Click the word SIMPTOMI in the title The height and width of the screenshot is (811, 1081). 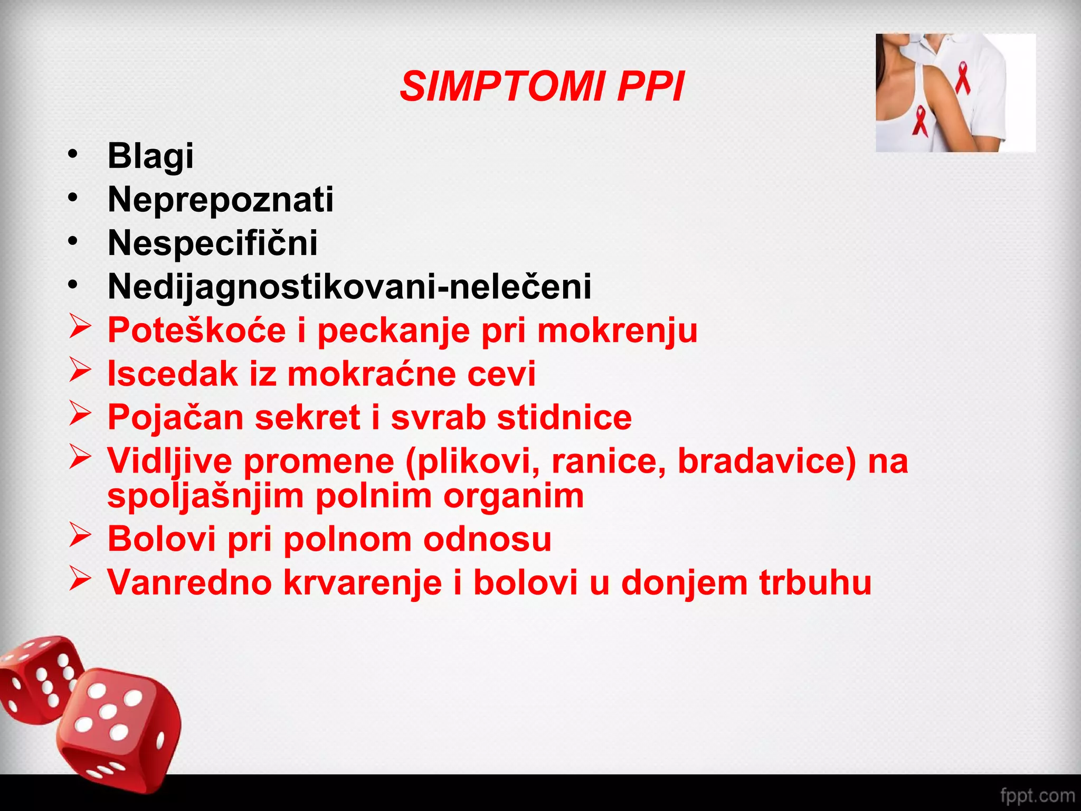501,87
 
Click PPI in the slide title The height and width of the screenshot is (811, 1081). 650,87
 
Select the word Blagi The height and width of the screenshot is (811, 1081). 150,156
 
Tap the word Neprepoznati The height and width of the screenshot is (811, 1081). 221,200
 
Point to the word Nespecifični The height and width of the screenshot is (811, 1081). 212,243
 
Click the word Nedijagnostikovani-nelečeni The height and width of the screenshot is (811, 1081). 349,287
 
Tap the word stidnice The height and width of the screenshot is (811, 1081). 564,418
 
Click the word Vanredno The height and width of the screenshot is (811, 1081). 189,583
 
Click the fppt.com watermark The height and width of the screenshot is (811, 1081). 1037,795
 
